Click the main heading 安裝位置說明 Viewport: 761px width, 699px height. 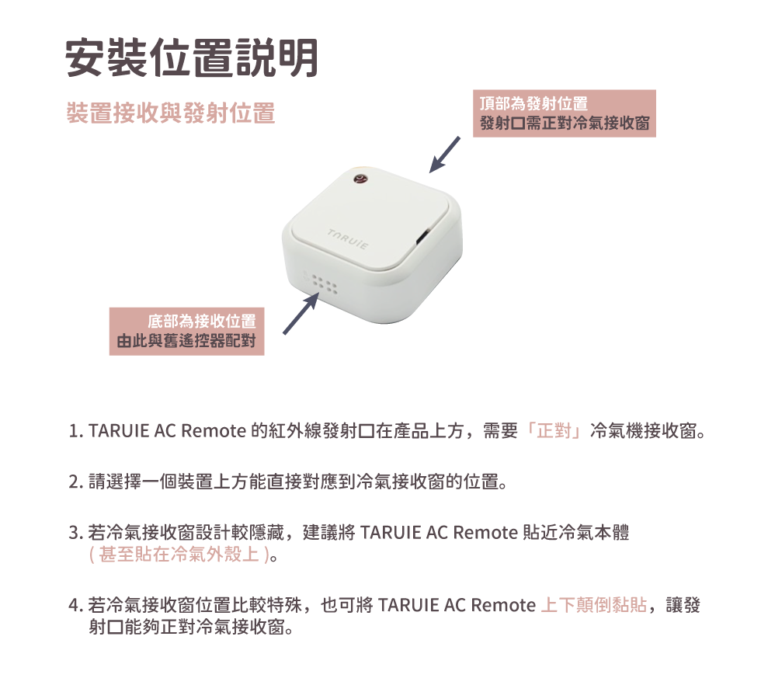click(x=192, y=58)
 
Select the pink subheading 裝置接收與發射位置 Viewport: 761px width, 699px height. click(x=171, y=113)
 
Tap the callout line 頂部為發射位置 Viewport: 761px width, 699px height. click(x=533, y=103)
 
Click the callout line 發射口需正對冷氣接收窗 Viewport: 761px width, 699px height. click(x=565, y=123)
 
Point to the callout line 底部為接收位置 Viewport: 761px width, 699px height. click(x=202, y=322)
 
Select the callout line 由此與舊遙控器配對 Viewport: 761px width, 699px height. click(x=186, y=341)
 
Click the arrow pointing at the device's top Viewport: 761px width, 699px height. click(x=444, y=155)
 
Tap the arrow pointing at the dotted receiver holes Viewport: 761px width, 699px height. click(x=301, y=313)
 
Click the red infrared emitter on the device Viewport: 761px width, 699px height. click(x=360, y=180)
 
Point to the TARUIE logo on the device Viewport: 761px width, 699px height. click(x=348, y=239)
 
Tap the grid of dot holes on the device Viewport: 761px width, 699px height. click(x=324, y=285)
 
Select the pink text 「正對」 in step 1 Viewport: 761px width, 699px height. click(x=554, y=430)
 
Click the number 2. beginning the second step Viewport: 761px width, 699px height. click(x=76, y=482)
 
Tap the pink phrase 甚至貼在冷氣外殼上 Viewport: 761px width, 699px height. click(x=179, y=554)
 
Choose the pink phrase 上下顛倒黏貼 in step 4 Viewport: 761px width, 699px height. click(x=593, y=605)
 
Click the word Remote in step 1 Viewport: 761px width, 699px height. click(x=214, y=431)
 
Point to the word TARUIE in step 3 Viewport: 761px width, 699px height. click(x=391, y=533)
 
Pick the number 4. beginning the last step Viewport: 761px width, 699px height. click(x=76, y=605)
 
